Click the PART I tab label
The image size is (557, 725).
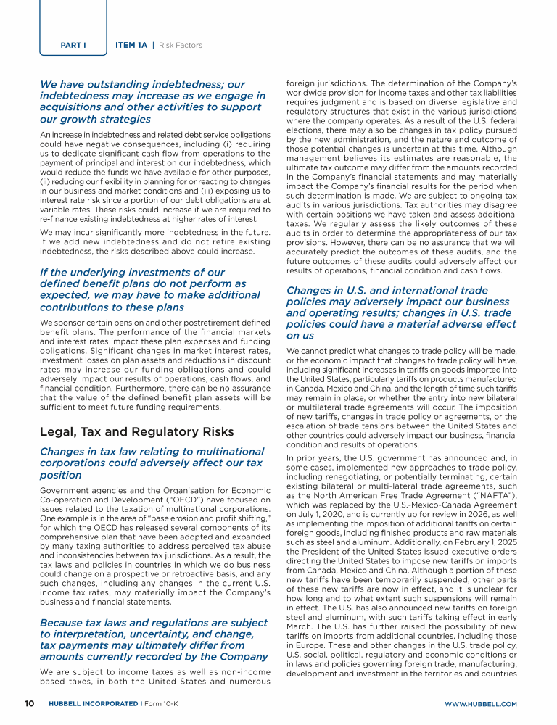(x=74, y=46)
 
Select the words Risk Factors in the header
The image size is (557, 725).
(x=181, y=46)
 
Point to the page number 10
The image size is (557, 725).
(x=29, y=703)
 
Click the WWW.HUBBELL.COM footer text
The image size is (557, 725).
(x=480, y=703)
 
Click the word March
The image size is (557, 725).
(x=300, y=626)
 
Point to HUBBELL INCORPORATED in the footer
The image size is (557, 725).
(x=93, y=703)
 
